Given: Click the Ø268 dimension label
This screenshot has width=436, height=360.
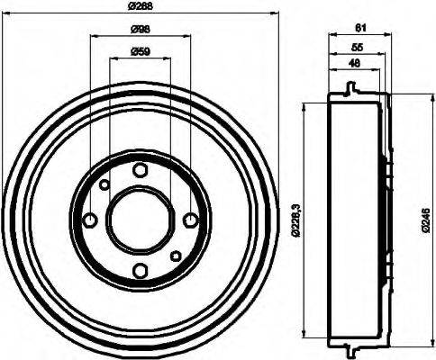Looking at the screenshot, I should pyautogui.click(x=141, y=7).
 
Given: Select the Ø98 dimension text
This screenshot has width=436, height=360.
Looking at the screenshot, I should pyautogui.click(x=141, y=30).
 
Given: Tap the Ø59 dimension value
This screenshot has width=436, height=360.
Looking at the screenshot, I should pyautogui.click(x=140, y=51).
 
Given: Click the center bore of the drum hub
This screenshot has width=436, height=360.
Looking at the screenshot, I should pyautogui.click(x=140, y=220).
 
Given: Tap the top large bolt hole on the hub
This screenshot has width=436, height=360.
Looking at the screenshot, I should pyautogui.click(x=140, y=169).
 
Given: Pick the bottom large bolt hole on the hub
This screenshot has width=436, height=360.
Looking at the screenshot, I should pyautogui.click(x=140, y=271).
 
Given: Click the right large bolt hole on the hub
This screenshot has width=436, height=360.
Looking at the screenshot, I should pyautogui.click(x=190, y=220).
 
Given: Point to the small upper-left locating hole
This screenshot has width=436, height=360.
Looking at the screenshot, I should pyautogui.click(x=104, y=184).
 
